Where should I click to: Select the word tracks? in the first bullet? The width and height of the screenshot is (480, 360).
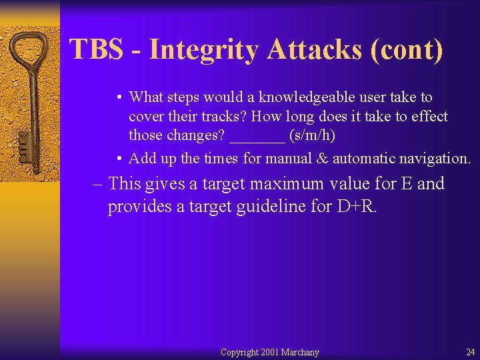222,117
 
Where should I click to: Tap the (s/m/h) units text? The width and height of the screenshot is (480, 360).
312,136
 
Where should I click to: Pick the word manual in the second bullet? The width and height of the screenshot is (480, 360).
287,159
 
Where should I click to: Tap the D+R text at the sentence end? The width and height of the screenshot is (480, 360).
357,207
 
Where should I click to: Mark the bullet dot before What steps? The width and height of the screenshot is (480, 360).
117,98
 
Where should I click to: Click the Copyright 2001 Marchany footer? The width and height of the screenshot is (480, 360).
269,352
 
